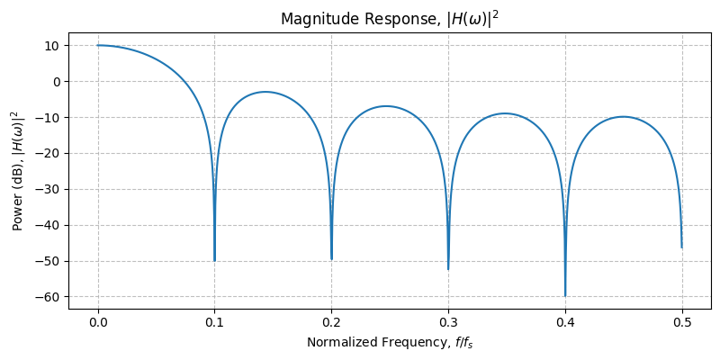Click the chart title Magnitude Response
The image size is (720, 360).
(x=389, y=19)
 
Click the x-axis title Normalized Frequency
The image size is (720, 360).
(x=389, y=342)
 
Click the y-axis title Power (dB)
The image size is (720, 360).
(x=17, y=171)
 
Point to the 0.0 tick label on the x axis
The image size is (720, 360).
(x=98, y=321)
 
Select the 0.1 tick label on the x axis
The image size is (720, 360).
(x=214, y=321)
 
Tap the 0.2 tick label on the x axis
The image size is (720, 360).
(x=331, y=321)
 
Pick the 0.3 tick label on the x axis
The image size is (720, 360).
(x=448, y=321)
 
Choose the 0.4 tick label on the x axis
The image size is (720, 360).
(x=565, y=321)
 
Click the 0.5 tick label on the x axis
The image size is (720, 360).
(x=682, y=321)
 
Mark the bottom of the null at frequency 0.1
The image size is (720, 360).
(x=215, y=261)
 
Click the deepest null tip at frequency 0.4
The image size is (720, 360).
(x=565, y=296)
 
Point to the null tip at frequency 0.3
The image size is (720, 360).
(x=448, y=269)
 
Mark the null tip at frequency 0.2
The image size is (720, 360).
(x=332, y=259)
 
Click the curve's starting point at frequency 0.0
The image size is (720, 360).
(x=98, y=45)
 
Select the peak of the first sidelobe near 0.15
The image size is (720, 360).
(x=265, y=92)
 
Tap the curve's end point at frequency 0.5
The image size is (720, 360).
(x=682, y=247)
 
